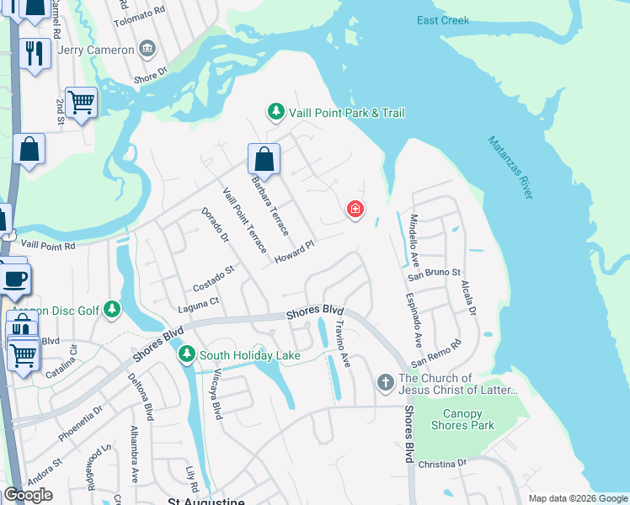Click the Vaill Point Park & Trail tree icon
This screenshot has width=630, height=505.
tap(275, 112)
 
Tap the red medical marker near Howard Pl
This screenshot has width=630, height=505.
tap(355, 209)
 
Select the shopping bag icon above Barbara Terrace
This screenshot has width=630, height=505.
tap(264, 160)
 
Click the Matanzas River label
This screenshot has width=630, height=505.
tap(510, 167)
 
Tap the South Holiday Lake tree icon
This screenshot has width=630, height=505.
tap(186, 355)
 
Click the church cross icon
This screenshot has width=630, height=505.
tap(385, 383)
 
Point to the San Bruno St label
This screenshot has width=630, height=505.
tap(435, 274)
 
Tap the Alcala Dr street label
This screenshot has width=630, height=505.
tap(468, 299)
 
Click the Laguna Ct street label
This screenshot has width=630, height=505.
tap(197, 300)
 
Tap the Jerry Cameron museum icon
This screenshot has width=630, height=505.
tap(148, 49)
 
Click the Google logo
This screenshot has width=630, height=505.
tap(28, 495)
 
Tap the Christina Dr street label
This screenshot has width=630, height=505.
tap(442, 464)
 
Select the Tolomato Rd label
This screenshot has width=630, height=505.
tap(139, 19)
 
